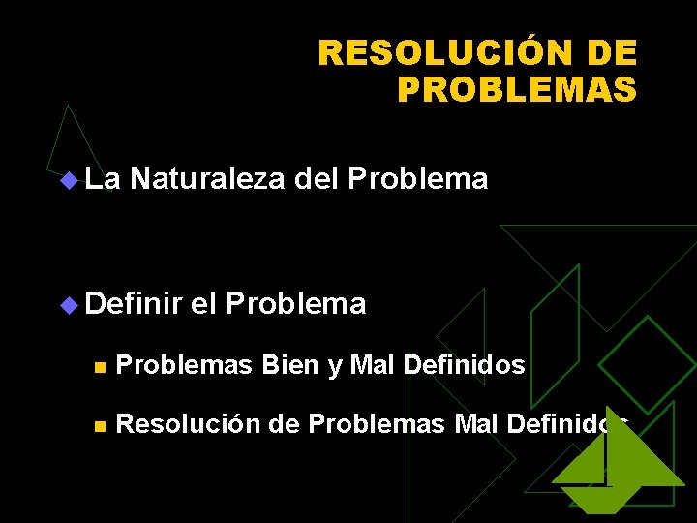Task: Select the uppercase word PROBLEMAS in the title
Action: point(517,89)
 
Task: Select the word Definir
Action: point(134,304)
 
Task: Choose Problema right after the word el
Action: point(295,304)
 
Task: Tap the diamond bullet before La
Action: point(67,180)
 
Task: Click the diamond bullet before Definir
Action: point(67,305)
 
